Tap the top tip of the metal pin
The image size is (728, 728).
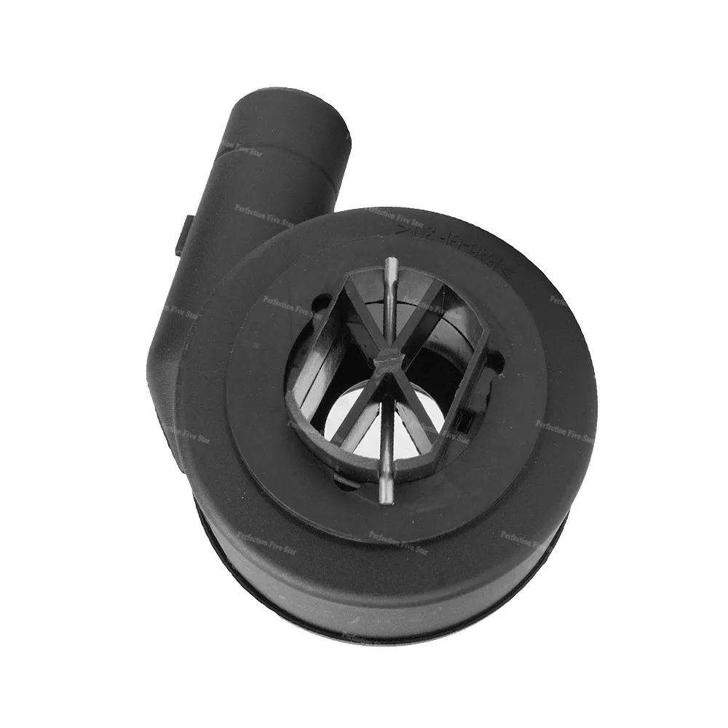tap(392, 263)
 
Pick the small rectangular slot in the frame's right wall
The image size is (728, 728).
tap(462, 418)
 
